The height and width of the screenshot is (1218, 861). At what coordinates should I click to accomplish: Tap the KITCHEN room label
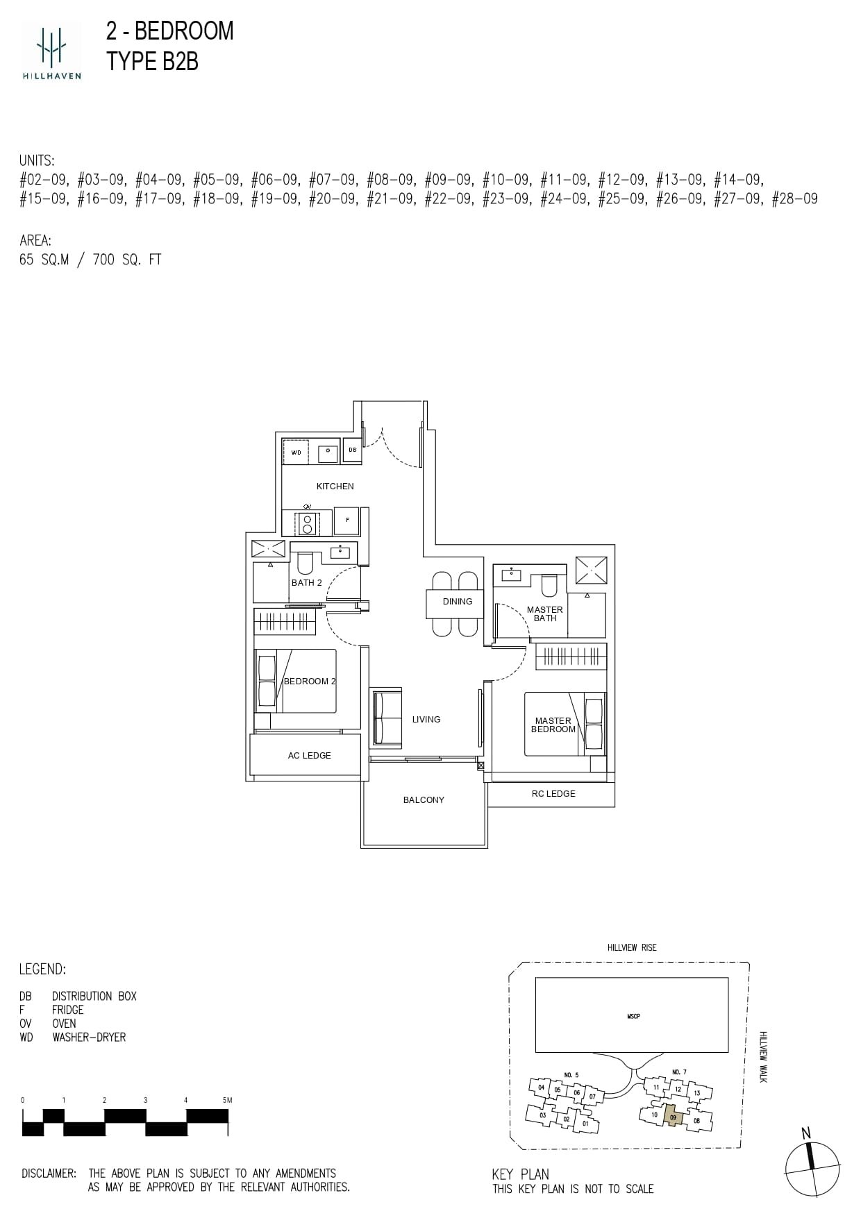pyautogui.click(x=335, y=487)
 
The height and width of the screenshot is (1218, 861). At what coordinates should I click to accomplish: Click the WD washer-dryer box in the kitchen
pyautogui.click(x=296, y=452)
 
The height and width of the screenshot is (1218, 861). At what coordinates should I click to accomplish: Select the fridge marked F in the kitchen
pyautogui.click(x=347, y=520)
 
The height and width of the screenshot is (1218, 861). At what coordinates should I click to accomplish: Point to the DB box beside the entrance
pyautogui.click(x=353, y=450)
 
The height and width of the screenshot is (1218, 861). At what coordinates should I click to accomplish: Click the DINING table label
pyautogui.click(x=457, y=602)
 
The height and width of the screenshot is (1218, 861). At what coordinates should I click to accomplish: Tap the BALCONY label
pyautogui.click(x=424, y=800)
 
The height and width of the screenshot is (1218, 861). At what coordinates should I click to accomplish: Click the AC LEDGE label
pyautogui.click(x=309, y=756)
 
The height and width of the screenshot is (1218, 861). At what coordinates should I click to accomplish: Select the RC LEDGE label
pyautogui.click(x=553, y=794)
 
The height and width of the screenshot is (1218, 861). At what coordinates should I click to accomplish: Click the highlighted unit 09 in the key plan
pyautogui.click(x=673, y=1117)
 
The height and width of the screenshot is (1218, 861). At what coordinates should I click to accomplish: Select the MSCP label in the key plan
pyautogui.click(x=633, y=1016)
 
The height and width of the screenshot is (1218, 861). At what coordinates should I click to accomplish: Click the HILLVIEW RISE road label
pyautogui.click(x=631, y=947)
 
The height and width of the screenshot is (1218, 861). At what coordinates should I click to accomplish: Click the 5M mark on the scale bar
pyautogui.click(x=226, y=1100)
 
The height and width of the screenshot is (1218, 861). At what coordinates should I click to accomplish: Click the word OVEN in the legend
pyautogui.click(x=64, y=1024)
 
